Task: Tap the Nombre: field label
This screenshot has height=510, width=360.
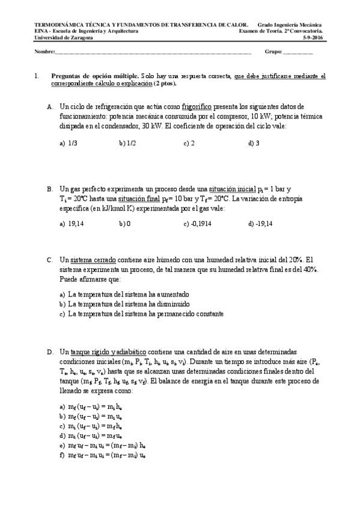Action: coord(44,52)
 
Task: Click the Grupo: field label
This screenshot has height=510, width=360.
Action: coord(273,52)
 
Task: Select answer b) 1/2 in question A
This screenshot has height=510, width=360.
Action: coord(127,143)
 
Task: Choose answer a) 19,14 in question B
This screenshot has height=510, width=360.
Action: coord(72,224)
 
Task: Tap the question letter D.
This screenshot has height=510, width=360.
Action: coord(50,351)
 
